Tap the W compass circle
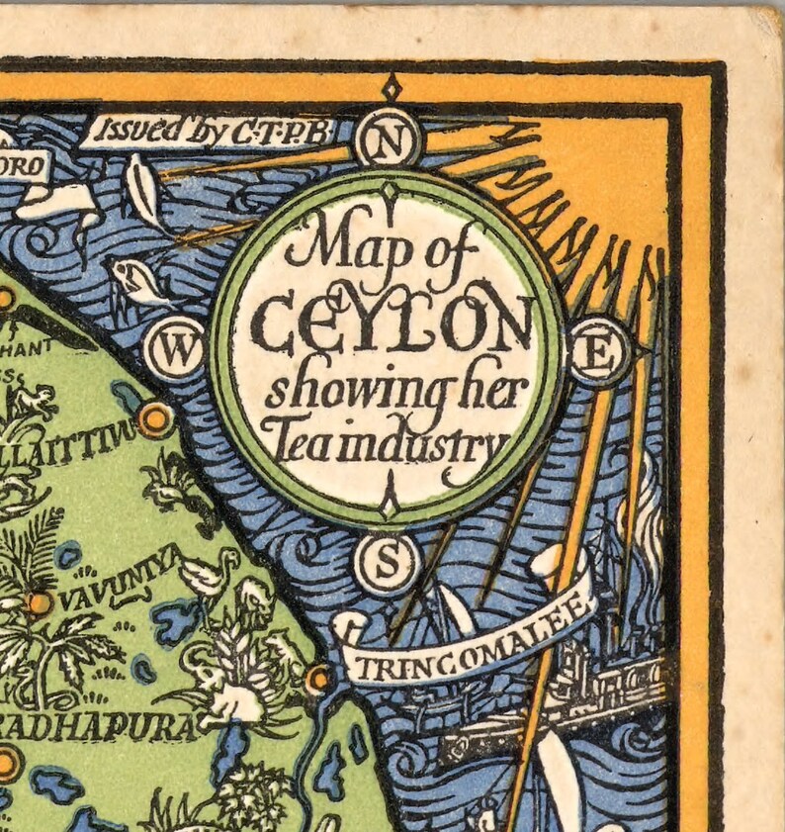[x=175, y=349]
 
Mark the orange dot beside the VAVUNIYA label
[x=40, y=602]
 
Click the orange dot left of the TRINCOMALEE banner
[x=318, y=678]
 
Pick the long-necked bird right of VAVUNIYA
[x=213, y=574]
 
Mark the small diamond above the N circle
[x=392, y=87]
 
